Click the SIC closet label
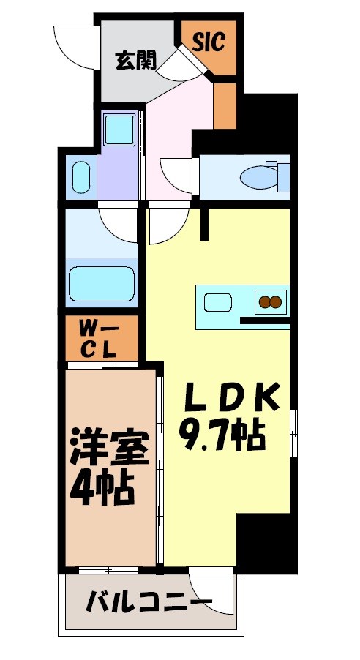[x=209, y=42]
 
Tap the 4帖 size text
[x=102, y=489]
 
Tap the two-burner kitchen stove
[x=270, y=301]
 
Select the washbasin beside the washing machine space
[x=80, y=176]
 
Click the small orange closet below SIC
[x=225, y=105]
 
